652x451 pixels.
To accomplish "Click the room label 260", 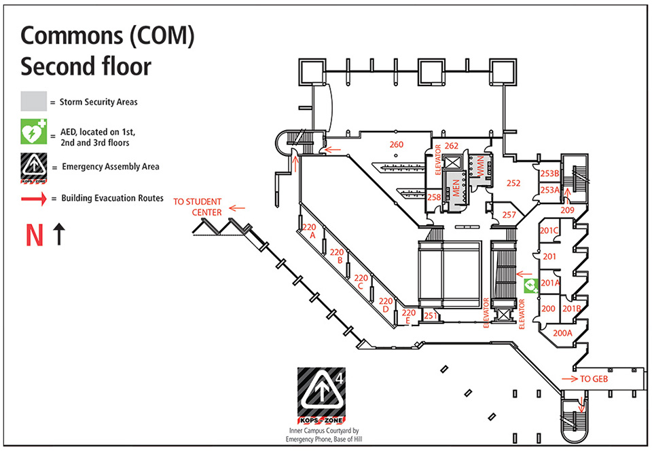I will (x=396, y=144).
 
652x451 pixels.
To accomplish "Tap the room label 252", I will (x=513, y=183).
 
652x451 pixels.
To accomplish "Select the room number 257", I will (x=509, y=215).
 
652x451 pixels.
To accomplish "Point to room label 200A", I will (x=563, y=333).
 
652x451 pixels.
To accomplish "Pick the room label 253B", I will (x=549, y=174).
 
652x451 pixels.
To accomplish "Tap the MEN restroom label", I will (x=456, y=188).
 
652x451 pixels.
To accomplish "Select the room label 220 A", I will (x=310, y=231).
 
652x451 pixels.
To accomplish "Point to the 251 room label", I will (x=429, y=315).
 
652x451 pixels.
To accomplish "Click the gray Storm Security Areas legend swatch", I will (x=33, y=102).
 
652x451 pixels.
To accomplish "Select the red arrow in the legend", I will (x=33, y=199).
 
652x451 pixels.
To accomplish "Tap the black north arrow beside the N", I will (x=59, y=235).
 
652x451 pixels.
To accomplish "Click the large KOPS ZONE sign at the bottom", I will (x=321, y=395).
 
